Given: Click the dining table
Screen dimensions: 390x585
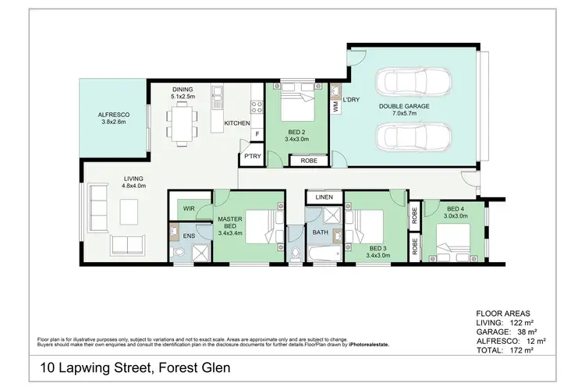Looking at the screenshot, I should [183, 121].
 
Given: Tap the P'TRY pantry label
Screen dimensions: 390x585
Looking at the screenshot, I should [252, 157].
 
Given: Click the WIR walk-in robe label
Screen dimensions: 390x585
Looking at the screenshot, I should [189, 208].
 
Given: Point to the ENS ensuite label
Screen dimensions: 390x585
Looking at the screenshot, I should [189, 236].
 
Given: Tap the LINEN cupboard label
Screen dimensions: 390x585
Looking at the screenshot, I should [324, 197].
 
